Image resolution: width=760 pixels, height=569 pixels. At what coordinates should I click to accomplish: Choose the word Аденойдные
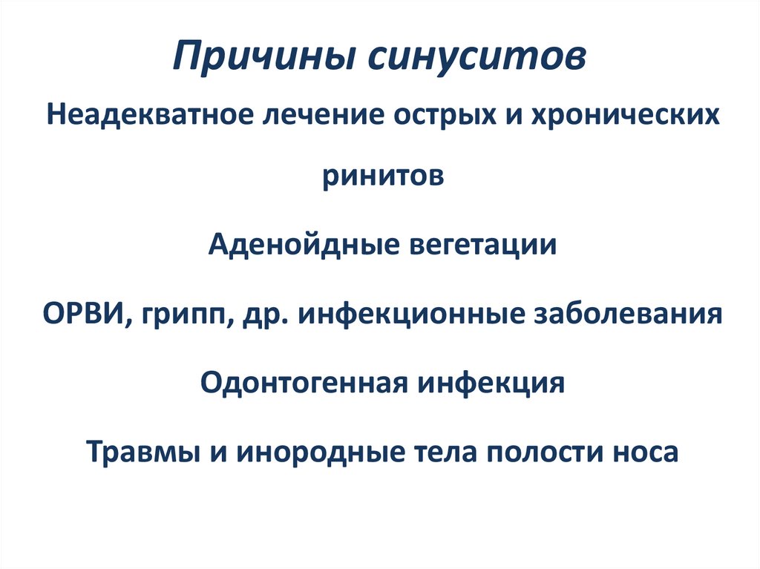point(301,245)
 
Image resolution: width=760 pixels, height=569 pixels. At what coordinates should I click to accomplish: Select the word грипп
point(183,315)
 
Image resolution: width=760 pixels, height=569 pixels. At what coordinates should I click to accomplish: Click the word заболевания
point(629,313)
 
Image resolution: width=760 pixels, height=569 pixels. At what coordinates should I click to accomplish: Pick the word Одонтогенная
point(302,383)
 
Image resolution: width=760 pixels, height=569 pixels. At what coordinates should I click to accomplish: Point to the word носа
point(643,452)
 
